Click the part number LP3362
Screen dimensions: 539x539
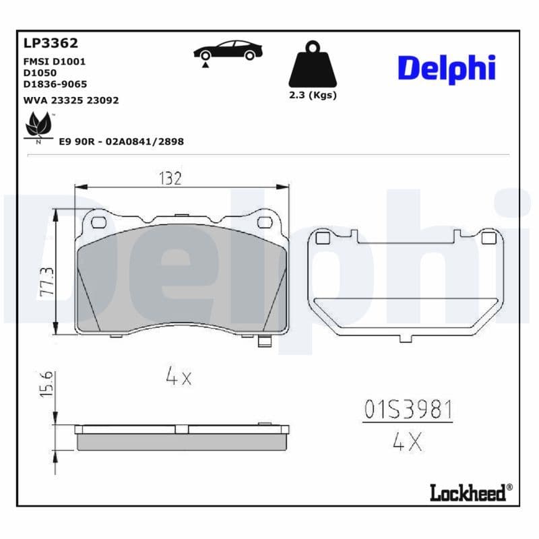click(51, 44)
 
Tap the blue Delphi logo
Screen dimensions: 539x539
click(446, 69)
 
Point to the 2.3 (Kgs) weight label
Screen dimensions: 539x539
click(312, 95)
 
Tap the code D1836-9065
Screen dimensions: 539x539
click(55, 84)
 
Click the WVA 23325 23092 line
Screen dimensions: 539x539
click(71, 100)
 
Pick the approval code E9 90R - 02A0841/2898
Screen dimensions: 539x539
click(121, 141)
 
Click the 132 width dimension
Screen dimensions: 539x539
click(170, 179)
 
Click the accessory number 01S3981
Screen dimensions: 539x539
click(408, 409)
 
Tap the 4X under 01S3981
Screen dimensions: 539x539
click(407, 442)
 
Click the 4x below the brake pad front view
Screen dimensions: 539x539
click(179, 377)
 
